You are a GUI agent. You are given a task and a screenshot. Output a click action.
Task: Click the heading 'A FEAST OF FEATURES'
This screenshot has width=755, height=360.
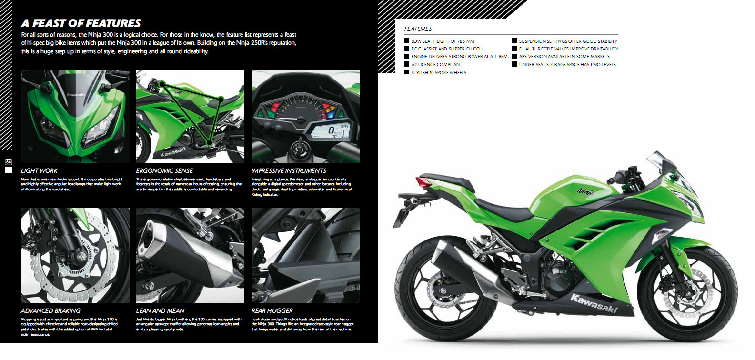point(81,23)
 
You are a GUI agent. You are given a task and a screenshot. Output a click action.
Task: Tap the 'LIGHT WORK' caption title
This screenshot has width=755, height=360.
point(39,171)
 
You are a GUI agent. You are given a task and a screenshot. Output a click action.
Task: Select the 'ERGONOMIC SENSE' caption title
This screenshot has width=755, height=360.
point(164,171)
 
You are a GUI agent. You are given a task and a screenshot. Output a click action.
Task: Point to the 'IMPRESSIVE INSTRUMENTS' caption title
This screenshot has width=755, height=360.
point(289,171)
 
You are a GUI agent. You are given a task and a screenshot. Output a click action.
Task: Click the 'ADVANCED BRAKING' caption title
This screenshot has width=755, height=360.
point(50,311)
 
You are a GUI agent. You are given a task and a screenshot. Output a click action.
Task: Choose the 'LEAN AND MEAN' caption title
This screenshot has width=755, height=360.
point(160,311)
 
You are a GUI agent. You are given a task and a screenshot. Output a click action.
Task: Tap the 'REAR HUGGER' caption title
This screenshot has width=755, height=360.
point(272,311)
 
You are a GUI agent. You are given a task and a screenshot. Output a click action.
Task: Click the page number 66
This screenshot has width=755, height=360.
point(9,162)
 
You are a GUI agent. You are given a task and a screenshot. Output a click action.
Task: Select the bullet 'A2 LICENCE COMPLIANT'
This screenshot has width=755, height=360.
point(433,64)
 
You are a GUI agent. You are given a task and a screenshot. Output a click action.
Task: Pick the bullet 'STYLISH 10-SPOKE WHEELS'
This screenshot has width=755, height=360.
point(435,72)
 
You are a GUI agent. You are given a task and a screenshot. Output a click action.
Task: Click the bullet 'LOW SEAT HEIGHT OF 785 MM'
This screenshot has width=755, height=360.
point(439,41)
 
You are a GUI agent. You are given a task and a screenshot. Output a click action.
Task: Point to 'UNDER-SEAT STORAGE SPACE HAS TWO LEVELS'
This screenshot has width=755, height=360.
point(564,64)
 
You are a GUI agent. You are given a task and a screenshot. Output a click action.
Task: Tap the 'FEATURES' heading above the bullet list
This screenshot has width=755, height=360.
point(418,29)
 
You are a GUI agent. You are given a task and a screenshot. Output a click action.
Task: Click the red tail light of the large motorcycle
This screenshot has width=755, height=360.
point(424,182)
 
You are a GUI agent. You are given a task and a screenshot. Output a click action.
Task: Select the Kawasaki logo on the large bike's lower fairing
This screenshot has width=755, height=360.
point(594,303)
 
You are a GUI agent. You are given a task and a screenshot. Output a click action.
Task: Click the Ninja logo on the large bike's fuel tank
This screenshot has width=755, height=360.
point(586,192)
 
